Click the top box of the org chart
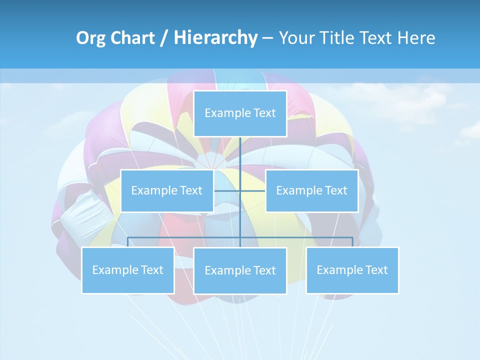(240, 113)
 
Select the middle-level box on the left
(167, 190)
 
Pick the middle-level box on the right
(311, 190)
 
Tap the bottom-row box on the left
(128, 270)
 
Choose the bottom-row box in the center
(240, 270)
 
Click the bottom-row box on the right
(352, 270)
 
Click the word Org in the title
(90, 38)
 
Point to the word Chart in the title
(131, 38)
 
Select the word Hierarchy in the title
(215, 38)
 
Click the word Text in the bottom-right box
(376, 270)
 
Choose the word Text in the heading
(375, 38)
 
